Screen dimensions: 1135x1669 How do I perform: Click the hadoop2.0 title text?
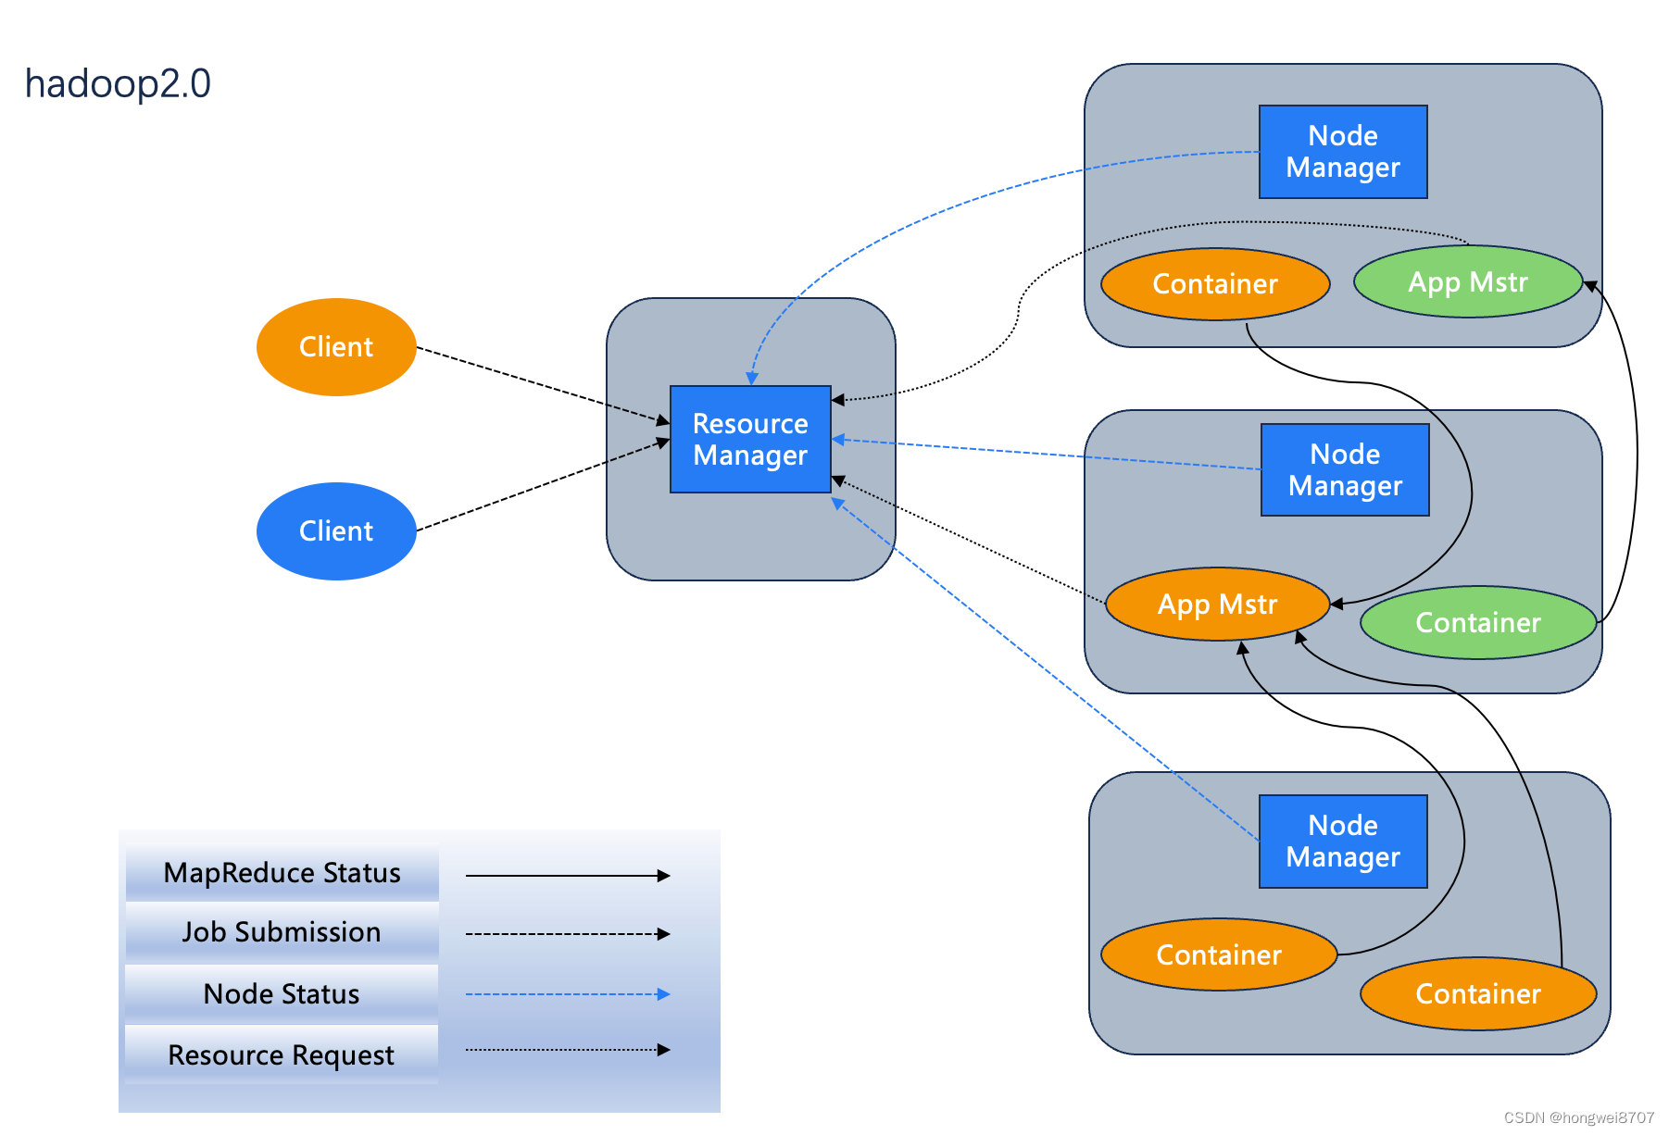tap(118, 83)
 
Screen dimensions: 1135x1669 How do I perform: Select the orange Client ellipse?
tap(336, 347)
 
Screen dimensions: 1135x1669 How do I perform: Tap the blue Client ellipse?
tap(336, 531)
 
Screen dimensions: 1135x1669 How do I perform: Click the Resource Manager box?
tap(750, 439)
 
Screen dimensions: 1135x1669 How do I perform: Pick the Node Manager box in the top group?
tap(1343, 152)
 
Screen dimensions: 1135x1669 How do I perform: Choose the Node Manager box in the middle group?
tap(1345, 470)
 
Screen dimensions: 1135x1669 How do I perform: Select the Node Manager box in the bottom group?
tap(1343, 841)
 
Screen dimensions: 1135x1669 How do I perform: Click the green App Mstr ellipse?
tap(1468, 281)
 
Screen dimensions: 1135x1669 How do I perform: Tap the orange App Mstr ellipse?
tap(1217, 605)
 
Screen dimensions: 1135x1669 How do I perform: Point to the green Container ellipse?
tap(1478, 622)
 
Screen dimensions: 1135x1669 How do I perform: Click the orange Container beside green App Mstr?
tap(1215, 284)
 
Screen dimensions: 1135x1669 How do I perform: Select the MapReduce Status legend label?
tap(282, 872)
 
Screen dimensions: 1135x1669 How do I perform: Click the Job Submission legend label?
tap(282, 932)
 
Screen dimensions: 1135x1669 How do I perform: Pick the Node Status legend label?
tap(282, 993)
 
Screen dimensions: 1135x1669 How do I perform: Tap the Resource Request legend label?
tap(282, 1054)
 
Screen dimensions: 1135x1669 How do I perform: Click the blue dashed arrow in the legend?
tap(567, 994)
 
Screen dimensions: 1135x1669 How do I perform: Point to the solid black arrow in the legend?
tap(567, 876)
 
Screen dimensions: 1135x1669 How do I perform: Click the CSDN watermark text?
tap(1578, 1117)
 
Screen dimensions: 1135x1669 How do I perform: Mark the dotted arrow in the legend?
tap(567, 1050)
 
